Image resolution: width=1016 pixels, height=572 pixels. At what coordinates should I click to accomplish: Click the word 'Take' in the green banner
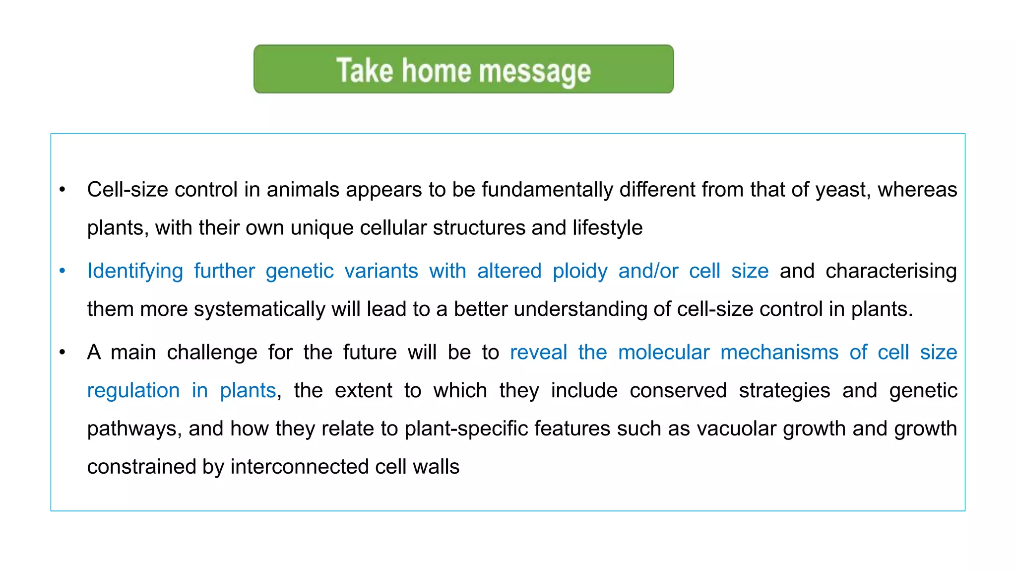pos(365,70)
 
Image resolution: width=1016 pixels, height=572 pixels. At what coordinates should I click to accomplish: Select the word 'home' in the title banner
pos(436,70)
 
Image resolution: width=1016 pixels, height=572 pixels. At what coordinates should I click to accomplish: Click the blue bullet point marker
pos(63,271)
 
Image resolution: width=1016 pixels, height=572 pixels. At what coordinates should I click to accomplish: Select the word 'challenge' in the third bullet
pos(212,353)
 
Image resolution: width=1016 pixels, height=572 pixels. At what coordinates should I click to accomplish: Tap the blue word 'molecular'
pos(663,353)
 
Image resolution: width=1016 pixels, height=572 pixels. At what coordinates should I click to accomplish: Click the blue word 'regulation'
pos(133,391)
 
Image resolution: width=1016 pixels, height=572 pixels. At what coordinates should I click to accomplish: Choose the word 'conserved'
pos(678,391)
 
